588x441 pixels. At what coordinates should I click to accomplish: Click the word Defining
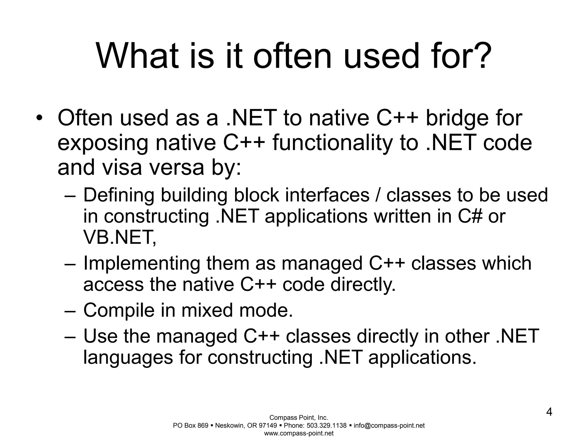point(119,195)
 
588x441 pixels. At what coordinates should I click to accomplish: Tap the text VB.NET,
point(120,238)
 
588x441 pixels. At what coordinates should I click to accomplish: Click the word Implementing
point(142,263)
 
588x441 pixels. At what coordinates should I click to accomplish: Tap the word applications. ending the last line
point(422,358)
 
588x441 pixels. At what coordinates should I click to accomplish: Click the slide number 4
point(549,412)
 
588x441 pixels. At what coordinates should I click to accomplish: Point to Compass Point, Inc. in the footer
point(299,418)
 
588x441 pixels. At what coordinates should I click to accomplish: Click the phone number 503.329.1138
point(326,425)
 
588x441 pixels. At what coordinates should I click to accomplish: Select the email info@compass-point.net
point(389,425)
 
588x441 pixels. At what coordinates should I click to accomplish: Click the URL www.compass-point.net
point(299,433)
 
